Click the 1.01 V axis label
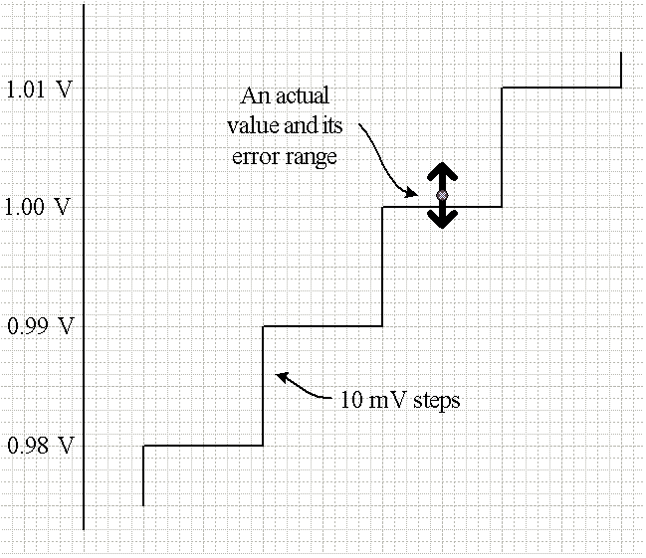[x=39, y=90]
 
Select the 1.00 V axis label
[x=39, y=208]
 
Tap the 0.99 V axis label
[x=39, y=326]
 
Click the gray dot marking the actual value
[x=442, y=195]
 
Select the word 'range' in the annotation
[x=311, y=156]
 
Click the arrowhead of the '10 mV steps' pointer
[x=281, y=376]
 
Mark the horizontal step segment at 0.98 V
[x=203, y=445]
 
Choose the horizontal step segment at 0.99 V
[x=323, y=326]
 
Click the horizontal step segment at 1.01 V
[x=561, y=88]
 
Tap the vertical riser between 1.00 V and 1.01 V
[x=502, y=147]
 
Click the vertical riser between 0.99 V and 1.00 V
[x=383, y=267]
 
